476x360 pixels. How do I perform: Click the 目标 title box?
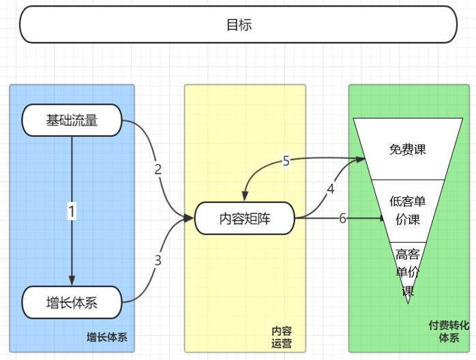(238, 25)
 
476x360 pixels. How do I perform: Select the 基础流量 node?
(72, 121)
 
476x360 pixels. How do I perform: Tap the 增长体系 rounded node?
(72, 303)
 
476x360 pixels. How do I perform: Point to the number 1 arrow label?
(72, 211)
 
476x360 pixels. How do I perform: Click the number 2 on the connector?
(158, 170)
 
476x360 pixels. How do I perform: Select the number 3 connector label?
(158, 260)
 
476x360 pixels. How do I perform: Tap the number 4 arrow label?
(331, 190)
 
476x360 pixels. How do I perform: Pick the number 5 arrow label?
(286, 161)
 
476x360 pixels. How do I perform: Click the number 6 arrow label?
(342, 218)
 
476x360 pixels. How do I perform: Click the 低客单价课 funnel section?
(407, 211)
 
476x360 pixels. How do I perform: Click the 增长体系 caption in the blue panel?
(106, 337)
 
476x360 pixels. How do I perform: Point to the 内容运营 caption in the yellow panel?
(281, 337)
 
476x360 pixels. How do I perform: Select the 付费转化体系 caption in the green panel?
(448, 331)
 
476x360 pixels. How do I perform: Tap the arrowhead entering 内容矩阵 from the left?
(189, 219)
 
